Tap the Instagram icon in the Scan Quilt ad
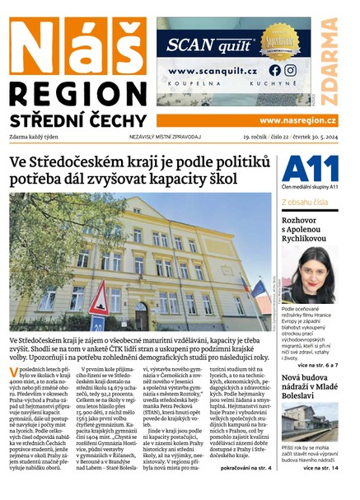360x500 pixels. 289,70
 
